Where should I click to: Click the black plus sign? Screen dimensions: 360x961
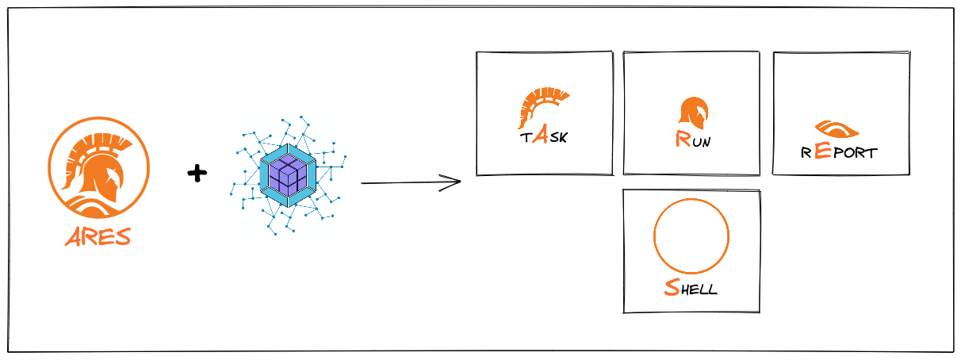pyautogui.click(x=197, y=173)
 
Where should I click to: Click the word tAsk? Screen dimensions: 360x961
pyautogui.click(x=544, y=136)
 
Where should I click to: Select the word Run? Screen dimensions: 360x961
pyautogui.click(x=692, y=141)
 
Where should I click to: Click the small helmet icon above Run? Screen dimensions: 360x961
pyautogui.click(x=693, y=113)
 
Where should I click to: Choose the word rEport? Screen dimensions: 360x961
pyautogui.click(x=839, y=151)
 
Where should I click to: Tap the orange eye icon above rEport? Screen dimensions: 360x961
pyautogui.click(x=837, y=129)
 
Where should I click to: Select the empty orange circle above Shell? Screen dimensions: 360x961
pyautogui.click(x=691, y=236)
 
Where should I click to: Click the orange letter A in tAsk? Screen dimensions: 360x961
pyautogui.click(x=539, y=136)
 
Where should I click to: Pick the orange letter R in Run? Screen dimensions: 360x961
pyautogui.click(x=682, y=140)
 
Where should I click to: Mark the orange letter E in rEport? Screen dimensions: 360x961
pyautogui.click(x=823, y=151)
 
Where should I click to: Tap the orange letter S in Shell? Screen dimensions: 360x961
pyautogui.click(x=671, y=287)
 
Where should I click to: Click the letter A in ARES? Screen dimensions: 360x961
pyautogui.click(x=72, y=237)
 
